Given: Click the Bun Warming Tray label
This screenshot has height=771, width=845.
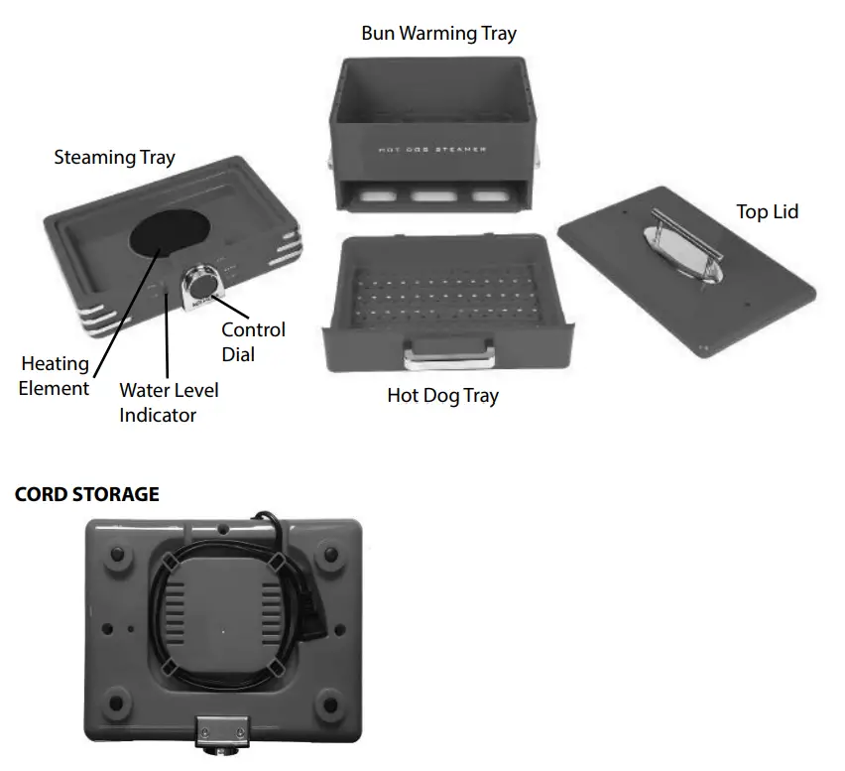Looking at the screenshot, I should pos(438,34).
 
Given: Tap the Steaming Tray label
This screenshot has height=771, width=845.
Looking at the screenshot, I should pos(114,157).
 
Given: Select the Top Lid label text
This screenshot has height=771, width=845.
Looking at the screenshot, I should pos(767,211).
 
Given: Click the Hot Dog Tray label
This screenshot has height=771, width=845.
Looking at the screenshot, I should pos(442,396).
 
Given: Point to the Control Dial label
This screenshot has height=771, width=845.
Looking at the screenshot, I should pos(253,341).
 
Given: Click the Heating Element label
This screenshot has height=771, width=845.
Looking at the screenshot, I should pos(55,376).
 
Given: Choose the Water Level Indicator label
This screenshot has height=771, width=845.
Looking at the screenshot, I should pos(169,402).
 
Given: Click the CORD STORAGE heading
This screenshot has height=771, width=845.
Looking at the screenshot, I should pos(86,494).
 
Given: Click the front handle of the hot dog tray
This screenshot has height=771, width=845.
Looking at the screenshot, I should pos(448,351).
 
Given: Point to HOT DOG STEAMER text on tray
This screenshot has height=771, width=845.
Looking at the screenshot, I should pos(432,150).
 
